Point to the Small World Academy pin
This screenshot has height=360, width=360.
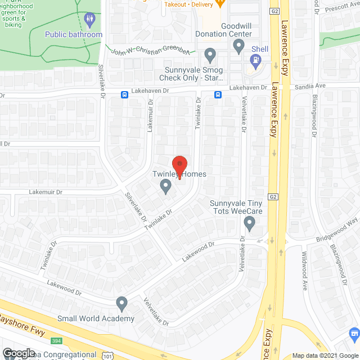121,304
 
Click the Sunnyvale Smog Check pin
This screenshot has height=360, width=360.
210,55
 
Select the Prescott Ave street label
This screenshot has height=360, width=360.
336,8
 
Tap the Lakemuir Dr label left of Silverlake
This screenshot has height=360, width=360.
47,192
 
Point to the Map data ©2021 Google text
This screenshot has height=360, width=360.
325,355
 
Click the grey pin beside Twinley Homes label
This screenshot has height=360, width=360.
165,186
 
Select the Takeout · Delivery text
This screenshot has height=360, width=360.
188,4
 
